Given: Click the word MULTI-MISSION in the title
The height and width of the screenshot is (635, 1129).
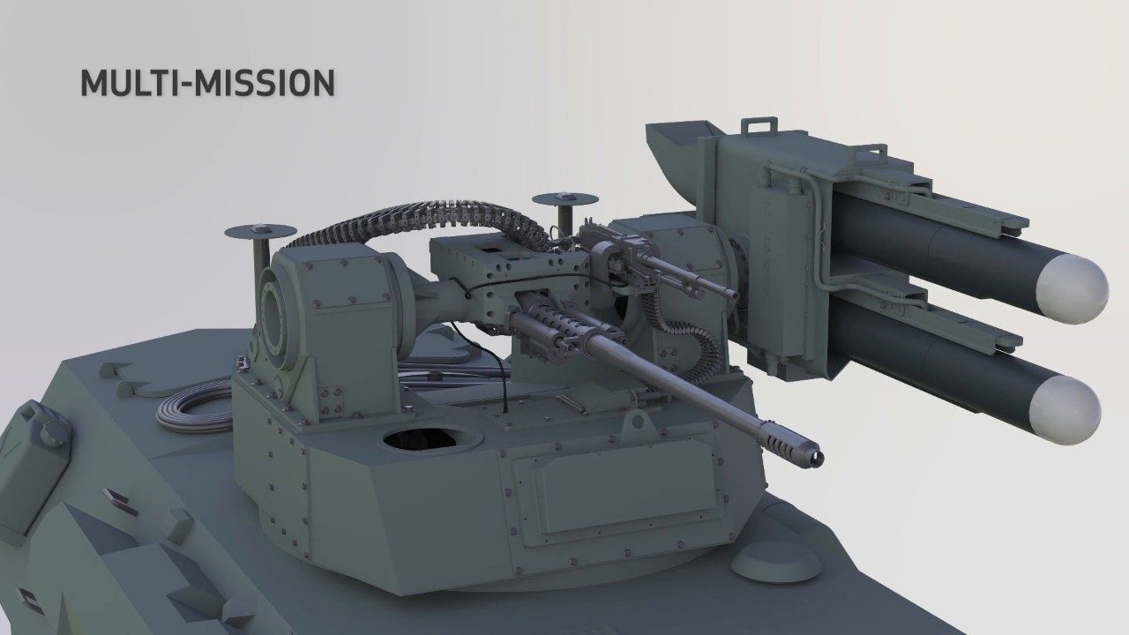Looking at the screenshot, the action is pos(207,83).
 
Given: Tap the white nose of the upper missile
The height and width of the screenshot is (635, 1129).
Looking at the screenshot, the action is pos(1073,288).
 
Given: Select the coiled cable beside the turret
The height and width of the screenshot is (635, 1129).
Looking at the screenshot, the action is pos(194,407).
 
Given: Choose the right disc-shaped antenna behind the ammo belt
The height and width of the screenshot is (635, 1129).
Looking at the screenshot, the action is pos(565,206).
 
